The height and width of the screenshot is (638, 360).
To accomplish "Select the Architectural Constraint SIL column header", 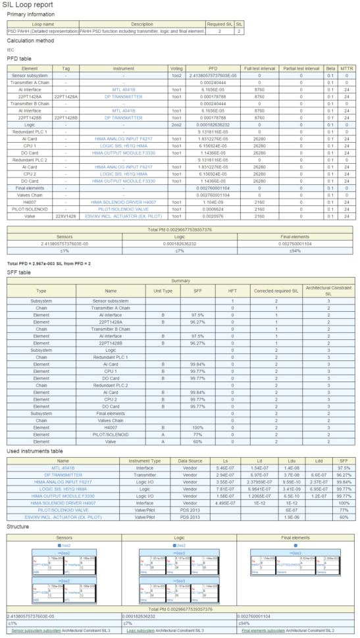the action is (328, 290).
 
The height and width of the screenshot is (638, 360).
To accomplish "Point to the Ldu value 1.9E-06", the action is (288, 518).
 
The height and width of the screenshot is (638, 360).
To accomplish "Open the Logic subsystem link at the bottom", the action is (141, 630).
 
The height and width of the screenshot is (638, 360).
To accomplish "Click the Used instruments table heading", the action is (34, 452).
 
